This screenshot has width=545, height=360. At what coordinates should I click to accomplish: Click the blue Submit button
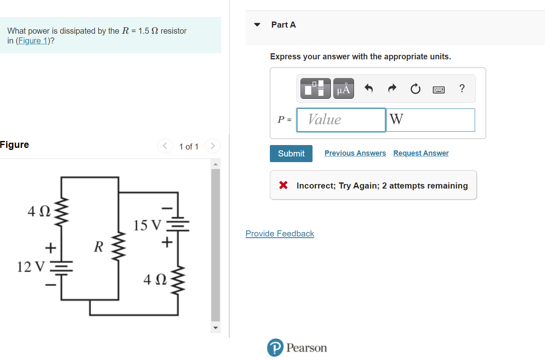click(291, 154)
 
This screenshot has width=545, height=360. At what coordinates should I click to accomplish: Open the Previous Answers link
click(355, 153)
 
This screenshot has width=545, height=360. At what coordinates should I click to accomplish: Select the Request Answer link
click(421, 153)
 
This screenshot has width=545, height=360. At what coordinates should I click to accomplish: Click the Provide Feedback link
click(280, 234)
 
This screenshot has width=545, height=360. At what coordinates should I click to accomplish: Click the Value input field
click(341, 120)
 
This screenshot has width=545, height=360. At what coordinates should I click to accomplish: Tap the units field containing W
click(430, 120)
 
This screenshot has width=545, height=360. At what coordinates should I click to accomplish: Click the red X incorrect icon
click(283, 186)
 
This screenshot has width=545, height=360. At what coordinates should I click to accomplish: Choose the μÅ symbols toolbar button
click(343, 89)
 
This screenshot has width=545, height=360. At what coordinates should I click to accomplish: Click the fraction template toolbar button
click(315, 89)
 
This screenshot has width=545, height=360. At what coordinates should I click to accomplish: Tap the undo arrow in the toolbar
click(369, 89)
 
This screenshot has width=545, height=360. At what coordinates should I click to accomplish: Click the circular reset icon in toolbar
click(415, 89)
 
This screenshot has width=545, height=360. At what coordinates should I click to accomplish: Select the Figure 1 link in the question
click(33, 41)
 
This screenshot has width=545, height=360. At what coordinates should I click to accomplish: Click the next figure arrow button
click(213, 146)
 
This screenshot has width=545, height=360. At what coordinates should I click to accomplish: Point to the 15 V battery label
click(147, 225)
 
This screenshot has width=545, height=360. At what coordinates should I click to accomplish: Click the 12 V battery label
click(31, 267)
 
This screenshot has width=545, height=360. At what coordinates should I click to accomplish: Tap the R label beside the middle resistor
click(98, 247)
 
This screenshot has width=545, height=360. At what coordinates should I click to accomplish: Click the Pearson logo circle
click(275, 348)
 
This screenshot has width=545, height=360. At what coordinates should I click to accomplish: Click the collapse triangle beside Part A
click(257, 24)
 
